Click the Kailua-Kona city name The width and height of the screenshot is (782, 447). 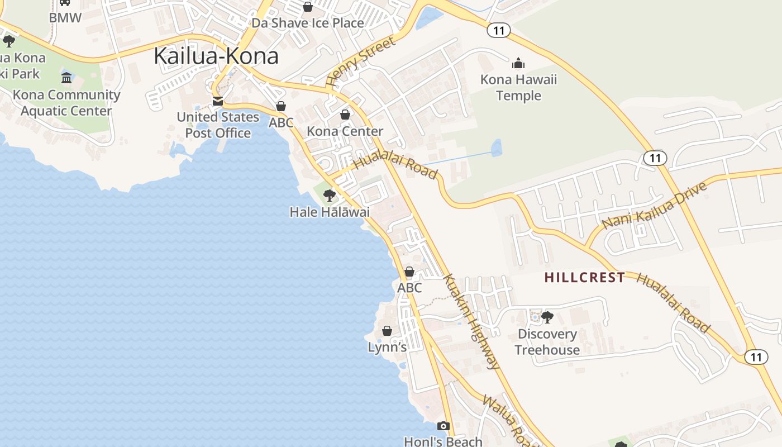click(x=216, y=56)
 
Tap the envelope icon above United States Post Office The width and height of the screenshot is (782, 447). click(x=218, y=101)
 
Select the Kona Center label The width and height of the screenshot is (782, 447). click(x=345, y=131)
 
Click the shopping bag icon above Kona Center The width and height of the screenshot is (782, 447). click(x=345, y=115)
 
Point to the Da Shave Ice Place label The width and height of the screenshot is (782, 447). click(x=307, y=23)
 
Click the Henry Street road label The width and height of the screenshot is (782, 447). click(x=360, y=61)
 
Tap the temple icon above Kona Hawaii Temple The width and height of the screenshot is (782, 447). click(x=518, y=63)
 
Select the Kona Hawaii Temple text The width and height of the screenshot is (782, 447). click(x=518, y=88)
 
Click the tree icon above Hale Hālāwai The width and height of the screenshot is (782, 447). click(x=330, y=196)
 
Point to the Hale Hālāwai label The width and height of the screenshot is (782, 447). click(x=330, y=212)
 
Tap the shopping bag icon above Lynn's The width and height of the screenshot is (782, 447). click(x=387, y=331)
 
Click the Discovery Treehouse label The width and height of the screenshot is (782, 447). click(x=547, y=342)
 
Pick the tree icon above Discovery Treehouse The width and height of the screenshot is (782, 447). click(x=547, y=317)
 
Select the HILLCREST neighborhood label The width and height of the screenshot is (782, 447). click(x=584, y=278)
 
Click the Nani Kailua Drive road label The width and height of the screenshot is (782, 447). click(x=655, y=205)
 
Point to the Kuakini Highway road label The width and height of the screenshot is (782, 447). click(x=470, y=321)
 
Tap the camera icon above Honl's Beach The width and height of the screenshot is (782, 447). click(x=443, y=426)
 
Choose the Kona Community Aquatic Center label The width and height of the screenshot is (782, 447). click(x=66, y=103)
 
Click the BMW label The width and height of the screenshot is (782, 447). click(x=65, y=18)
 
